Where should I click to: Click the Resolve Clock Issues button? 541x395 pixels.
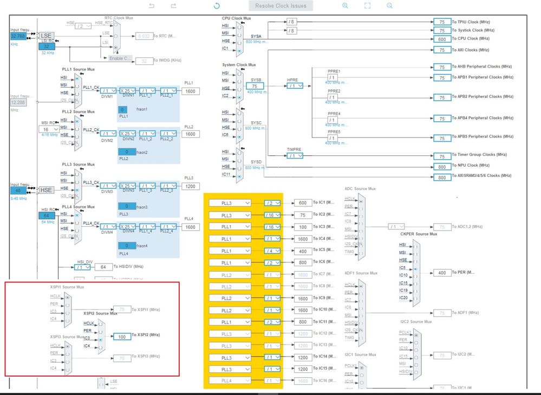pyautogui.click(x=281, y=6)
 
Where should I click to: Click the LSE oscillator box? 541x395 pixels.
pyautogui.click(x=45, y=36)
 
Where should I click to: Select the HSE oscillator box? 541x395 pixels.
pyautogui.click(x=45, y=190)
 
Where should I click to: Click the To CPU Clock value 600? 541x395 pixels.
pyautogui.click(x=442, y=39)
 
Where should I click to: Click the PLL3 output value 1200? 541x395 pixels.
pyautogui.click(x=191, y=186)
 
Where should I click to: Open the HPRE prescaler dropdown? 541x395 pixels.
pyautogui.click(x=295, y=85)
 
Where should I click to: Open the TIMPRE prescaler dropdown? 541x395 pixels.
pyautogui.click(x=295, y=156)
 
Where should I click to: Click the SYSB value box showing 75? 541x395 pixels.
pyautogui.click(x=255, y=86)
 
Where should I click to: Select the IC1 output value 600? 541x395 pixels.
pyautogui.click(x=302, y=203)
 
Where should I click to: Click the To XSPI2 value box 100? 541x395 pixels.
pyautogui.click(x=122, y=336)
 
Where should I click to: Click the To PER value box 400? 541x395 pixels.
pyautogui.click(x=442, y=273)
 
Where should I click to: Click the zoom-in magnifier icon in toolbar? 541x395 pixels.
pyautogui.click(x=345, y=5)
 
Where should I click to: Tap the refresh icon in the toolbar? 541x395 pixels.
pyautogui.click(x=217, y=6)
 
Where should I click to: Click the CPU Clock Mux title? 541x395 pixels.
pyautogui.click(x=236, y=18)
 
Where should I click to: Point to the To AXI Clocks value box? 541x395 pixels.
pyautogui.click(x=442, y=50)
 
